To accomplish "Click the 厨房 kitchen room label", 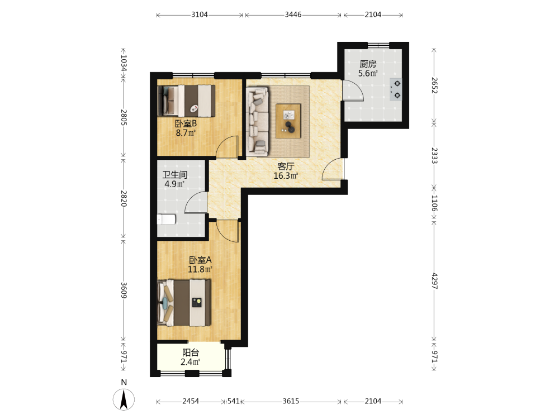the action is point(368,64).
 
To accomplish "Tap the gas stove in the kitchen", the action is point(396,89).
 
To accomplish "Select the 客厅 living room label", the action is point(286,166).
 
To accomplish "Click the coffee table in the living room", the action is point(288,121).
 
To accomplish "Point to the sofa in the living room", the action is point(257,121).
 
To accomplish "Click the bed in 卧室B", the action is point(186,101).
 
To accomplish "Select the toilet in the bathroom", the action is point(167,219).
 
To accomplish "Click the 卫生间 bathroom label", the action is point(175,175).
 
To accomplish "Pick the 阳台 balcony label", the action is point(191,353).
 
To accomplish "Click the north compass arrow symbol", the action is point(124,399).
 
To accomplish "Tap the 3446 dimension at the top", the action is point(293,15).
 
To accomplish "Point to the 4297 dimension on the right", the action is point(434,281).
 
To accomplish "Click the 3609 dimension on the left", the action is point(124,290).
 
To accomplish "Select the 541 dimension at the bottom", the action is point(234,401).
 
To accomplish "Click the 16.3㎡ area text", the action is point(286,175).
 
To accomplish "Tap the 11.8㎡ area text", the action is point(200,269).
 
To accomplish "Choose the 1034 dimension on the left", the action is point(124,63).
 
